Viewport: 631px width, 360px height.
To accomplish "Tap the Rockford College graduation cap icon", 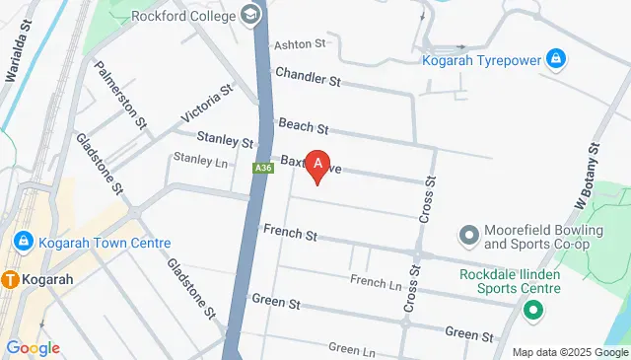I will [250, 16].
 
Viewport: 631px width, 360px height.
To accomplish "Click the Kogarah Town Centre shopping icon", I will [23, 243].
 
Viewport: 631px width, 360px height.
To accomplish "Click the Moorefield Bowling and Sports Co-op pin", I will [469, 236].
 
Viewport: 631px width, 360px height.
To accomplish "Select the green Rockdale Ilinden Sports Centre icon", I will [533, 312].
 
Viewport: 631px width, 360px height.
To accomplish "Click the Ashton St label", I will [300, 44].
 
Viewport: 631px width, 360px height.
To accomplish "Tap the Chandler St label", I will [308, 75].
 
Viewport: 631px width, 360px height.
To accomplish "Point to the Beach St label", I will [303, 126].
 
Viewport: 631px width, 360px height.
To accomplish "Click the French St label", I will [290, 234].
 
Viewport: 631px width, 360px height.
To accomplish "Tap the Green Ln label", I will [352, 348].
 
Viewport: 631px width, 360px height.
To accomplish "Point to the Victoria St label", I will [207, 104].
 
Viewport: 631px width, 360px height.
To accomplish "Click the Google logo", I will [33, 347].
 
